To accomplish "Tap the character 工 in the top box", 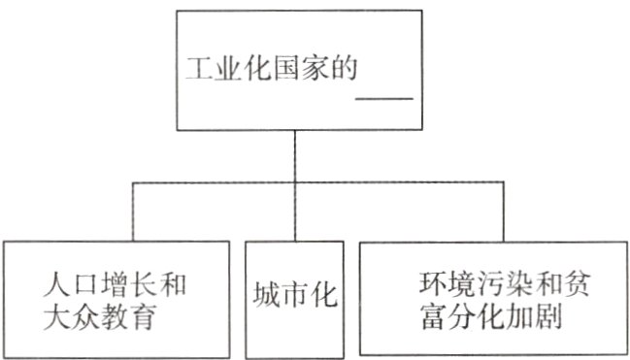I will click(197, 71).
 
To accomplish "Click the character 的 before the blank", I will click(340, 71).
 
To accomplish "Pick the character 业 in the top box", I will click(225, 71).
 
